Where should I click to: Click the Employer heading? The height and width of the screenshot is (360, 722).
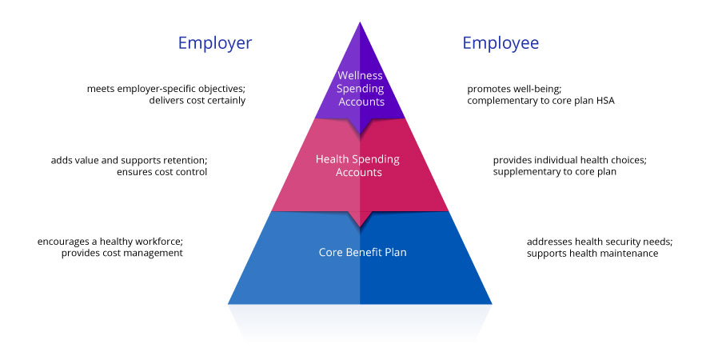tap(215, 44)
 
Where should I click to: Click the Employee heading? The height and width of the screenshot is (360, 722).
tap(501, 44)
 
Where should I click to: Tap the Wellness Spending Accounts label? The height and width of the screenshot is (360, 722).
tap(360, 89)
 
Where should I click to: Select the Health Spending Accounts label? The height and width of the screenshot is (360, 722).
tap(357, 166)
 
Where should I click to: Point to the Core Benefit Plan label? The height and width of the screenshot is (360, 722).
tap(363, 253)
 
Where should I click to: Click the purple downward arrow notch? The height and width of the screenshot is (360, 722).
tap(360, 126)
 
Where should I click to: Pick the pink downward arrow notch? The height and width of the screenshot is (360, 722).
tap(360, 219)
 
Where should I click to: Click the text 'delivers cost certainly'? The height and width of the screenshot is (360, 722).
tap(197, 101)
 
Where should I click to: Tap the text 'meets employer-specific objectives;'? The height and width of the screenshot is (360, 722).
tap(166, 89)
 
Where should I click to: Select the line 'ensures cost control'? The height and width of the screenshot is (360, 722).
tap(162, 172)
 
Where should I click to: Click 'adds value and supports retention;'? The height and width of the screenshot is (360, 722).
tap(129, 161)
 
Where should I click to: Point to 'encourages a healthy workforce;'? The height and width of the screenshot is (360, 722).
tap(110, 242)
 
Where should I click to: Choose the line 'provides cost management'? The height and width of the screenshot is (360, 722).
tap(122, 253)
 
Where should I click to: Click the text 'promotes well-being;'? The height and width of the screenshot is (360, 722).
tap(514, 89)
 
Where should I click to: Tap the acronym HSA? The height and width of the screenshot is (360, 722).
tap(604, 101)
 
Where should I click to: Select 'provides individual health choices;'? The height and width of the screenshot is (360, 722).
tap(570, 161)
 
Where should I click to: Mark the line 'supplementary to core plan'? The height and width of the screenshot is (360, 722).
tap(554, 172)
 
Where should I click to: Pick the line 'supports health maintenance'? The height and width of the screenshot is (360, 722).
tap(592, 254)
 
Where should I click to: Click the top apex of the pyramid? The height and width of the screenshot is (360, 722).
tap(360, 22)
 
